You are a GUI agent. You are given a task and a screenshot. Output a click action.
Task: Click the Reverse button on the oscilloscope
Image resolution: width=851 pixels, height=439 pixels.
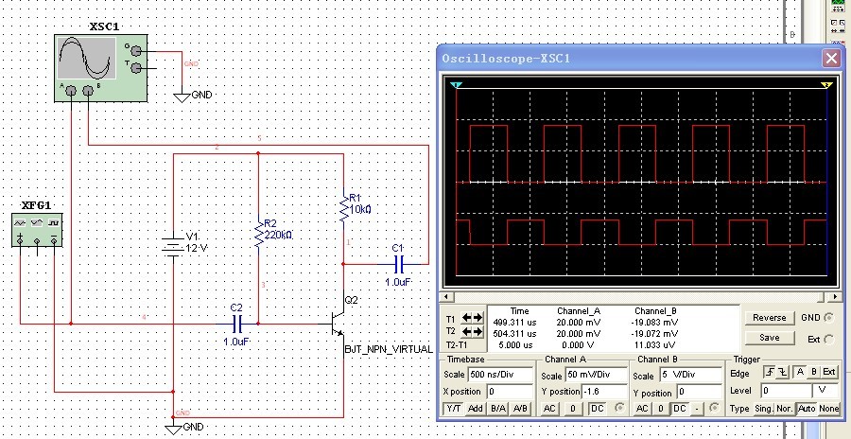(x=769, y=319)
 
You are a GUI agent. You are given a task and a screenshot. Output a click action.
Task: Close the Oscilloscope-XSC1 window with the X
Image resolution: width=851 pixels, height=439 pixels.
(x=831, y=59)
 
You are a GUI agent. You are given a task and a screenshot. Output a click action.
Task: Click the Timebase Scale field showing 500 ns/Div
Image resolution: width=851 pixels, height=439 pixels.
(x=500, y=376)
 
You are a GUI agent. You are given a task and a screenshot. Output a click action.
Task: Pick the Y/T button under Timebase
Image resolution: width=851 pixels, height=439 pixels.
(x=453, y=408)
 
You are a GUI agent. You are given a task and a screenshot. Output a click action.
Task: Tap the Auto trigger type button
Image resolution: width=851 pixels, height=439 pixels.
(x=807, y=409)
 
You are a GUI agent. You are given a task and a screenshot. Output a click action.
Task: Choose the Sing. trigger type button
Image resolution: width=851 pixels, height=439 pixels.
(x=762, y=409)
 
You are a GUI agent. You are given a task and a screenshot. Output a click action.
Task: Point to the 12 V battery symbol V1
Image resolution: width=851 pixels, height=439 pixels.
(x=173, y=245)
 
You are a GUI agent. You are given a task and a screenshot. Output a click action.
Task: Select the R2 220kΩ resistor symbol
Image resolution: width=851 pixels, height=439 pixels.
(x=258, y=233)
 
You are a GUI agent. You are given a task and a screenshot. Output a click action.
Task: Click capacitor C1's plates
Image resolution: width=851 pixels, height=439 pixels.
(x=398, y=263)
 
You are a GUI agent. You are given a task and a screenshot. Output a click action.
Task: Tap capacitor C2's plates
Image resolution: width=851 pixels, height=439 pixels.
(x=237, y=323)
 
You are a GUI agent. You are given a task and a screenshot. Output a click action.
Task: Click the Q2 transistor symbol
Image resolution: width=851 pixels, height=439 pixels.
(x=338, y=322)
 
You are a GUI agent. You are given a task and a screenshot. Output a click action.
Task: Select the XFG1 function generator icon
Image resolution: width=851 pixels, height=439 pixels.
(x=37, y=230)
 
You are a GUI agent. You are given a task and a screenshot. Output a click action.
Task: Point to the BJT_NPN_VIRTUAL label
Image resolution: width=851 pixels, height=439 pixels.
(x=388, y=348)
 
